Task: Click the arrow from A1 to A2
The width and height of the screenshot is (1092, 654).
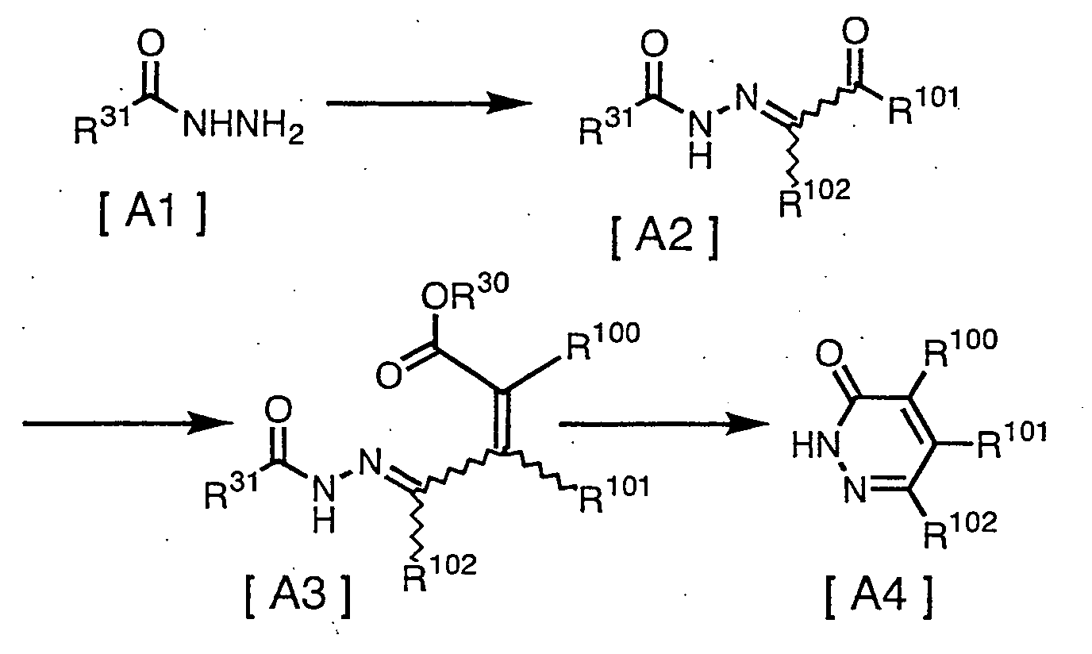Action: [x=429, y=103]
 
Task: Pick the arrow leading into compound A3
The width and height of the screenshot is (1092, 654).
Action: [x=127, y=425]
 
